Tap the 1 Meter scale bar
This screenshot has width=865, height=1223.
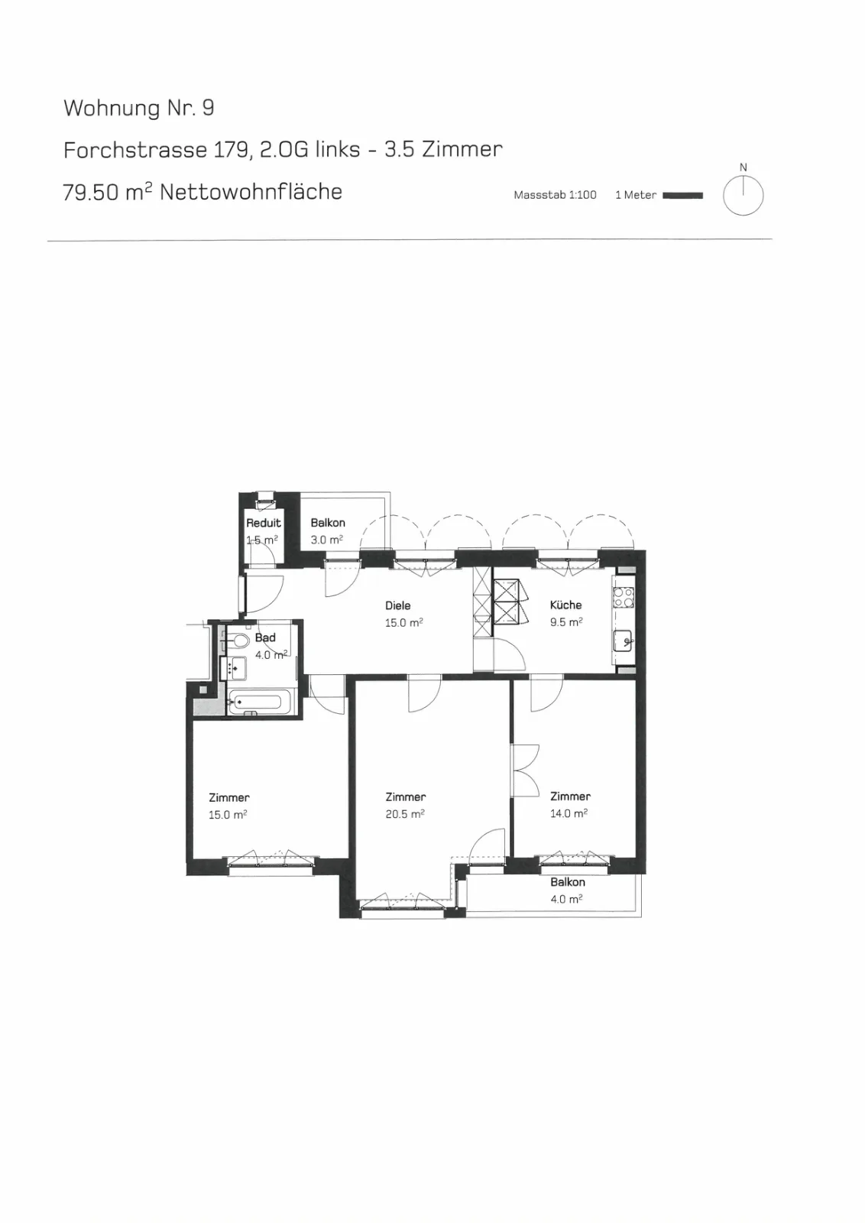(x=682, y=196)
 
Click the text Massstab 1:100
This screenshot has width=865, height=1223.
(x=555, y=195)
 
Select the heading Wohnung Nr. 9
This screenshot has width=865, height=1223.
(x=138, y=108)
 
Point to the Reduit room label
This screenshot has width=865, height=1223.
(x=264, y=523)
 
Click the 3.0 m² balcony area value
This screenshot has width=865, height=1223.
(x=327, y=540)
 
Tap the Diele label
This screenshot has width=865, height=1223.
(x=398, y=605)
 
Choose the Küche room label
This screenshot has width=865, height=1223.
(x=566, y=605)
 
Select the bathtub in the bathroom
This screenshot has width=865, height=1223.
(x=255, y=702)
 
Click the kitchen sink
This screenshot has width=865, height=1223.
(x=624, y=641)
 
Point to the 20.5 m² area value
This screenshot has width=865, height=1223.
(x=405, y=814)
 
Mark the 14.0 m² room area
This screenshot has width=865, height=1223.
(x=569, y=813)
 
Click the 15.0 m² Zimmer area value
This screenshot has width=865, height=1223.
(x=228, y=815)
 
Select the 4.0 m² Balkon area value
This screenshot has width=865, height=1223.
(x=566, y=899)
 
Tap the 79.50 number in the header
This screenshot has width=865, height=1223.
(x=91, y=193)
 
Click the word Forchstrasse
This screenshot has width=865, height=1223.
(x=135, y=150)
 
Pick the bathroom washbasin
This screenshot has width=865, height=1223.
(x=235, y=668)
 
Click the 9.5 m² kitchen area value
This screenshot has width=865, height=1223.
(x=566, y=622)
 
